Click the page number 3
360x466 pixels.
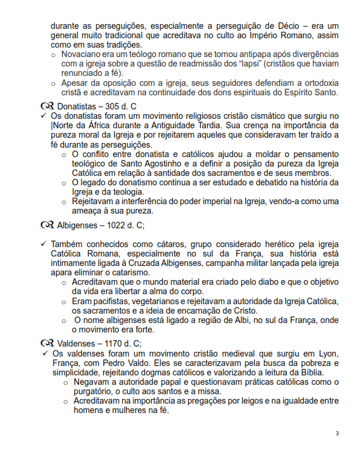click(x=337, y=434)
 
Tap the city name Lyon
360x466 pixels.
click(x=327, y=352)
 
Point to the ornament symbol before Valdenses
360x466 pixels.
click(x=47, y=343)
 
